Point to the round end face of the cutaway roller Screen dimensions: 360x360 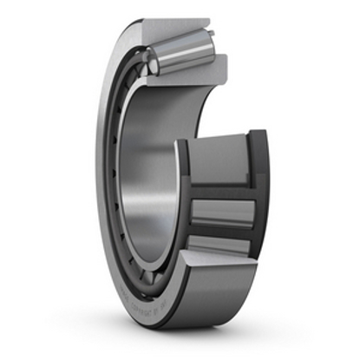[151, 63]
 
